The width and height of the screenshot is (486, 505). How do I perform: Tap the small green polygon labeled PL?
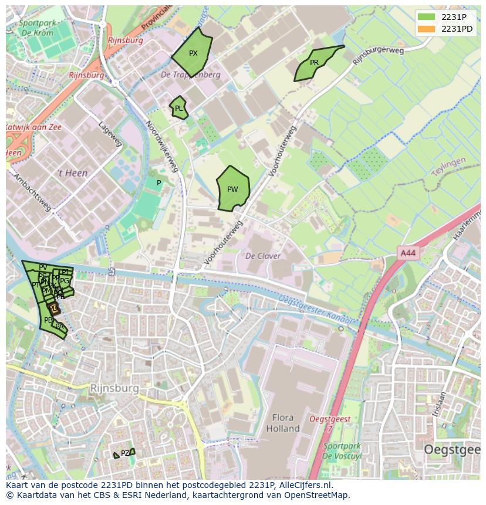tap(178, 108)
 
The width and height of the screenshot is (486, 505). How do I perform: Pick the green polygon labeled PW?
tap(233, 189)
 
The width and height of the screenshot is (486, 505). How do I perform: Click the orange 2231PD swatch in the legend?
tap(427, 29)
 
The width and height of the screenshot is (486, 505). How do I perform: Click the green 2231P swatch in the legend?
tap(427, 17)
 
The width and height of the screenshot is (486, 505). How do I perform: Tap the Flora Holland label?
tap(283, 423)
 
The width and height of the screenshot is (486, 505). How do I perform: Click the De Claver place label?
tap(262, 256)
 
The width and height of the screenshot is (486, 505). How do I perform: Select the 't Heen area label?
tap(72, 173)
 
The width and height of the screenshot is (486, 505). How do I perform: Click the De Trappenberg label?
tap(191, 75)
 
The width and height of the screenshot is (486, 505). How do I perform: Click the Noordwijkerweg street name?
tap(162, 147)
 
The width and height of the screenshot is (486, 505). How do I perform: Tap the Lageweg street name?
tap(110, 134)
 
